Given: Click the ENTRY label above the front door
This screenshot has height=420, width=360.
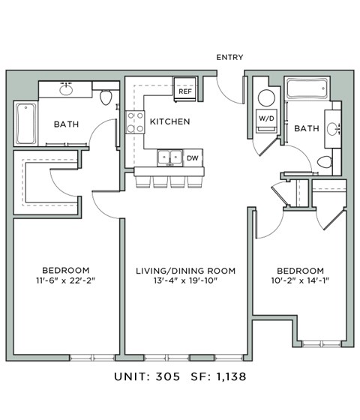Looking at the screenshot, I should click(229, 57).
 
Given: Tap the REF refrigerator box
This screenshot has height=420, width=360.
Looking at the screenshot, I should click(185, 91).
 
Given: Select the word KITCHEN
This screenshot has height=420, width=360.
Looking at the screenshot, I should click(169, 121).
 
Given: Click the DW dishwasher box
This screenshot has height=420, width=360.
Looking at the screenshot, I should click(192, 157).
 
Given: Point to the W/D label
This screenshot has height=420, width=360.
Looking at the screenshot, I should click(265, 119).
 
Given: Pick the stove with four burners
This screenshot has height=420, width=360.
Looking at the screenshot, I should click(135, 121).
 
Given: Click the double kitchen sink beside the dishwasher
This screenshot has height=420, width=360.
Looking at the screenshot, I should click(169, 157).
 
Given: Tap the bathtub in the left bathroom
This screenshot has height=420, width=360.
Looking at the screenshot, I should click(25, 124).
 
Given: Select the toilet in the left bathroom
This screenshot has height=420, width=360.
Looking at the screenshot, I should click(106, 96).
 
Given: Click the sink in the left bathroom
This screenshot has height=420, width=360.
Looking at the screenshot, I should click(66, 90).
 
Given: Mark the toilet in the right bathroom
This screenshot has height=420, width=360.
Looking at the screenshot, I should click(325, 162).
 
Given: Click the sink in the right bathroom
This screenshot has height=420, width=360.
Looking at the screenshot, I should click(334, 128).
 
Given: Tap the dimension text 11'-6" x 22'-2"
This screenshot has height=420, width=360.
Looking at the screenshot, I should click(66, 283).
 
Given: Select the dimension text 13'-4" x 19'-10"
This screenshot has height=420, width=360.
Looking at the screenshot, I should click(185, 283).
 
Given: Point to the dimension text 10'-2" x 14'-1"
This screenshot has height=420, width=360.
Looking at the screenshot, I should click(300, 283).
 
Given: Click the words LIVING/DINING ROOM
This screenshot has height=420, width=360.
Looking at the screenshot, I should click(185, 270).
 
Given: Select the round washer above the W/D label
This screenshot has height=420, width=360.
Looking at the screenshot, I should click(265, 98).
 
